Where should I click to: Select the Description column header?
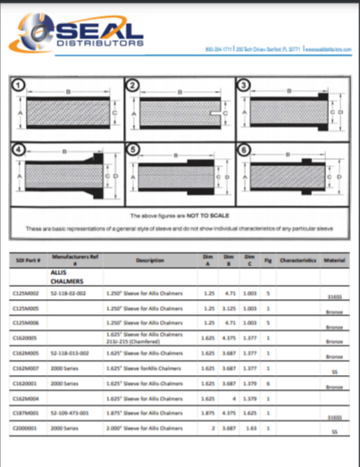(149, 259)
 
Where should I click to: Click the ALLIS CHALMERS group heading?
(59, 273)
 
